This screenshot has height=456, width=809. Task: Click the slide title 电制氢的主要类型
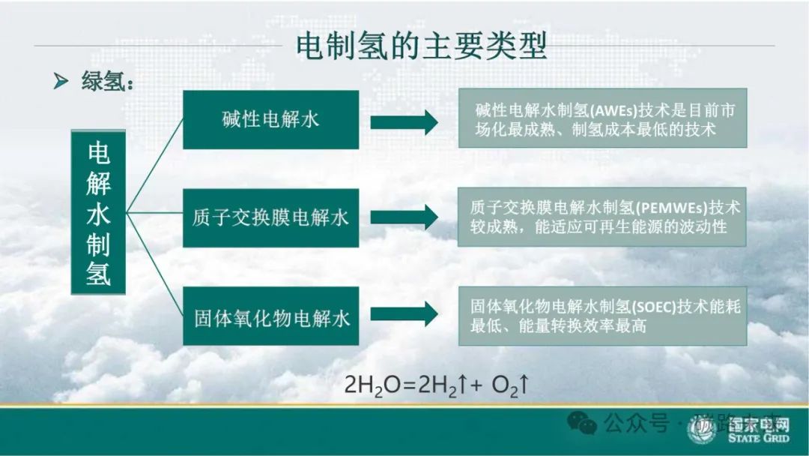421,46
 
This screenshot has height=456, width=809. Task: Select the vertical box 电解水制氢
98,212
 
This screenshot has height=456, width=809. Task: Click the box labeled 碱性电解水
270,119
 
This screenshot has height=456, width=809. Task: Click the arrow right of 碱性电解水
404,120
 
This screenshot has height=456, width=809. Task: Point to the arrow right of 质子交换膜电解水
404,217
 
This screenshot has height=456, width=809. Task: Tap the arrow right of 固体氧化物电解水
404,315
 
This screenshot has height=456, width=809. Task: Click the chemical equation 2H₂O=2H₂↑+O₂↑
437,386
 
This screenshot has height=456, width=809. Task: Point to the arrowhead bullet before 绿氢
61,82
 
